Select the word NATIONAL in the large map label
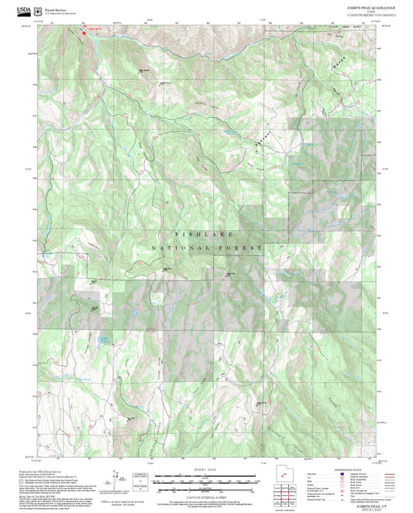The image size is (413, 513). pos(174,248)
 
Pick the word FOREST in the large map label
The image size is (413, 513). pos(241,248)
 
